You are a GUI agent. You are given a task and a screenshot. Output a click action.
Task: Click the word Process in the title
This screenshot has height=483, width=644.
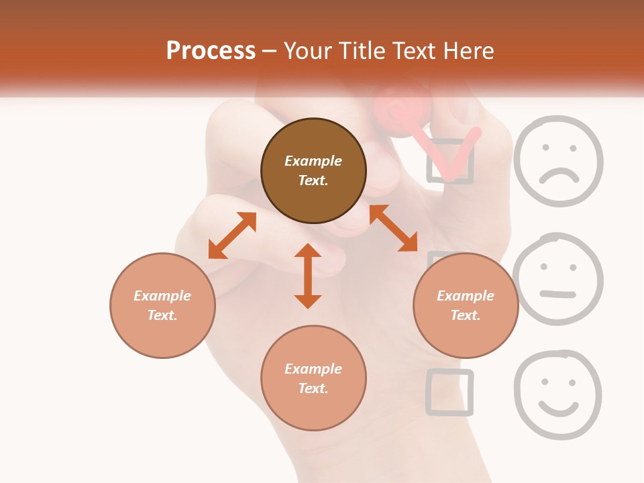tap(211, 51)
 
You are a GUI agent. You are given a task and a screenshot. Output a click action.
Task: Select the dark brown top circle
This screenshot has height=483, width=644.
tap(313, 171)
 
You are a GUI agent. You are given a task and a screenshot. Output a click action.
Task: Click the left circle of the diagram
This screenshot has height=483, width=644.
tap(162, 305)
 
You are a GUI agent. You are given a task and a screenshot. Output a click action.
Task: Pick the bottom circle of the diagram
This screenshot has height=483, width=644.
tap(313, 378)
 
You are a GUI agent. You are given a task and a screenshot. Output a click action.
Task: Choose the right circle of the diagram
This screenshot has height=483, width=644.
tap(466, 305)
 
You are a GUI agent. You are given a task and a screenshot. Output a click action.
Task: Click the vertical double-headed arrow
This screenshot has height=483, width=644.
tap(308, 276)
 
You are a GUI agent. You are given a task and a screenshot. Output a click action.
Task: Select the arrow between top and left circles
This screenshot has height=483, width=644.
tap(232, 235)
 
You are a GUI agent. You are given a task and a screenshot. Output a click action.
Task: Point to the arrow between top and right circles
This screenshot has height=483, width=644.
tap(393, 228)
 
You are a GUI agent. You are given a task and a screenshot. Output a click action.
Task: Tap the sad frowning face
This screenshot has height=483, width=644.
tap(558, 161)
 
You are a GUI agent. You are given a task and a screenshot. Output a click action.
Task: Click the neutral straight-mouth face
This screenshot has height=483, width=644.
tap(557, 279)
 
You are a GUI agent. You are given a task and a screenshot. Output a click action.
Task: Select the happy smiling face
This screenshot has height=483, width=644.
tap(557, 394)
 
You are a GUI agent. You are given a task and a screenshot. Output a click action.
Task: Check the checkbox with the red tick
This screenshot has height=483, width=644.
tap(451, 161)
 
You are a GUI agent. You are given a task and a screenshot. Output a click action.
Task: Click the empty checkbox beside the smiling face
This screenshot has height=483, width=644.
tap(449, 392)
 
